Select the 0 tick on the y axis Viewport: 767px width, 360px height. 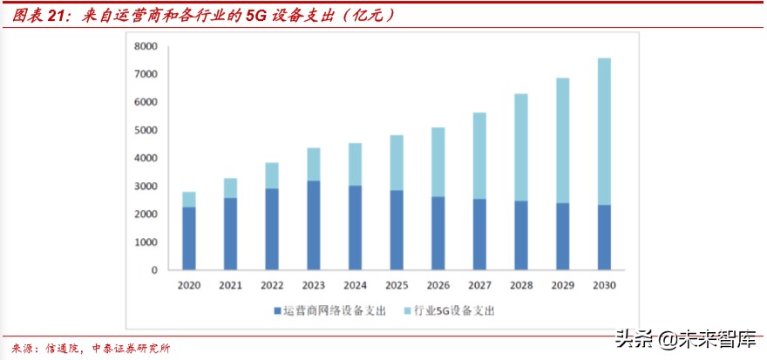(x=153, y=270)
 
